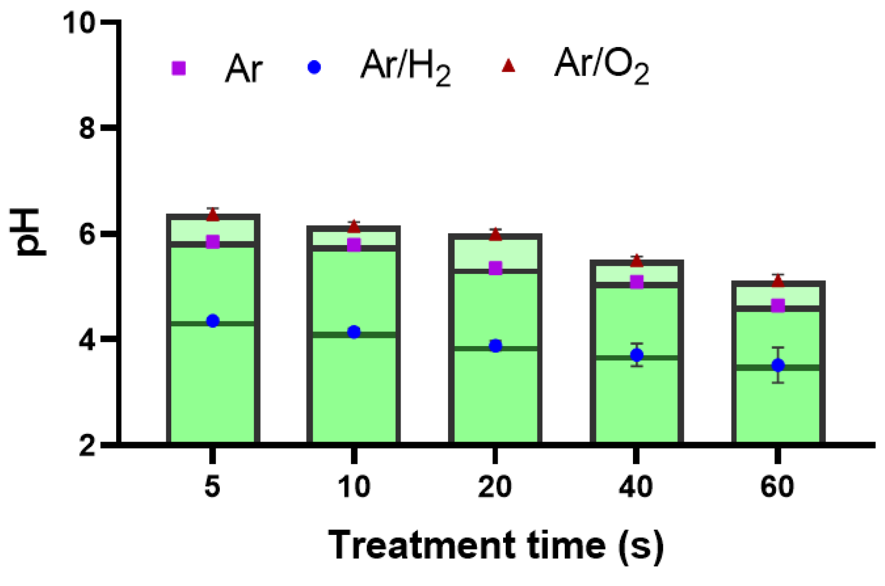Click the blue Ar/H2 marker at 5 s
(x=213, y=321)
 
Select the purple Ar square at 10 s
(x=354, y=245)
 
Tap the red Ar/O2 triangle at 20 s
(x=496, y=235)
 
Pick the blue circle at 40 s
(x=637, y=355)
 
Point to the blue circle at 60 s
(x=778, y=365)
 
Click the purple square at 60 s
(x=778, y=306)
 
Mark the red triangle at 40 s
(x=637, y=261)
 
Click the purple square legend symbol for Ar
(x=179, y=68)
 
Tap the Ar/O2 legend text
(x=601, y=66)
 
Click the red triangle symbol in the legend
(x=508, y=66)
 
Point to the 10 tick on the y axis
(x=79, y=23)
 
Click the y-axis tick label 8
(x=87, y=128)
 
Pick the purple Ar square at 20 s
(x=496, y=268)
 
